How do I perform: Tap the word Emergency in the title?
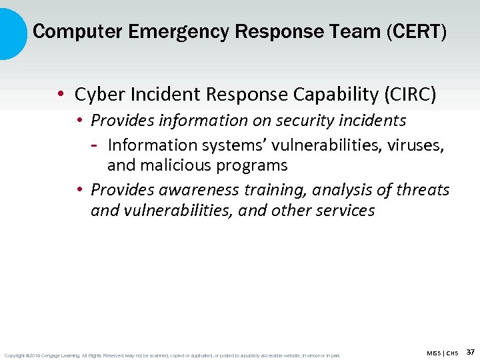click(x=152, y=31)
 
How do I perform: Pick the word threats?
click(x=423, y=190)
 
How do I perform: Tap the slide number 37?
click(x=470, y=352)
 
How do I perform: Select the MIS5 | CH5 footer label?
click(x=443, y=353)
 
